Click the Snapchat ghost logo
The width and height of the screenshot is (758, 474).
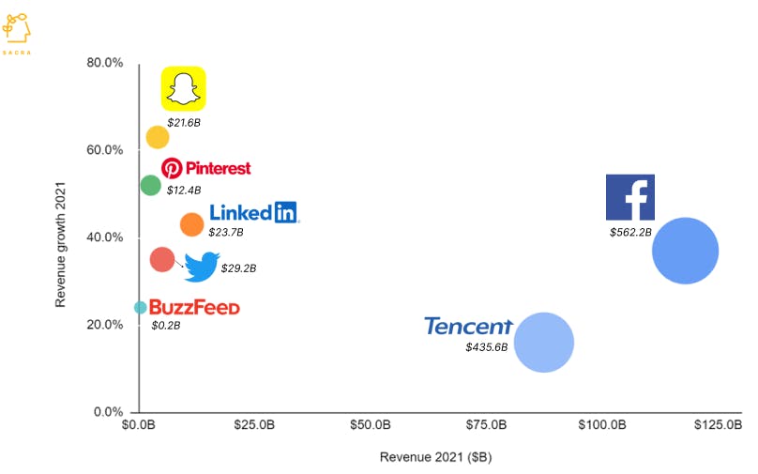point(184,89)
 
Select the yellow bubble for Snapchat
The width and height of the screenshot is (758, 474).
point(158,137)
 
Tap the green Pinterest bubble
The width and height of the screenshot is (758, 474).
point(150,185)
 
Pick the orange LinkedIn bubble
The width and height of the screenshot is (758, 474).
point(191,224)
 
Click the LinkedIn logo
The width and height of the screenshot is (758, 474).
point(253,213)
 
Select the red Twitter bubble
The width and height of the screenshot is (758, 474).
point(162,259)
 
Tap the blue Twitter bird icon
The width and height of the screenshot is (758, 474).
point(202,268)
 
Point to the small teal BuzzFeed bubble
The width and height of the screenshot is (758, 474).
point(141,307)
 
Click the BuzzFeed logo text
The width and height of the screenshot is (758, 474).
point(194,308)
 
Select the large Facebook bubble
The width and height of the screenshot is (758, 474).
point(685,251)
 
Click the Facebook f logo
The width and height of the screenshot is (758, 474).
point(629,197)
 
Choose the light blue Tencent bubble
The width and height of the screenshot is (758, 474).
point(544,343)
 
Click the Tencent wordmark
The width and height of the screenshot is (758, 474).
point(468,326)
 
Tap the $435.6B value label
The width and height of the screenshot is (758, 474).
point(486,347)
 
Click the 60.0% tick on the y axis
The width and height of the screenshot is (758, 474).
point(104,150)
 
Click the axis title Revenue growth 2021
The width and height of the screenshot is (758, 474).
point(61,237)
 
